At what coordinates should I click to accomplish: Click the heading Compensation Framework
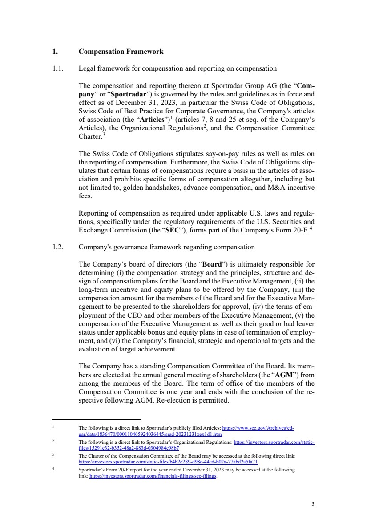[x=121, y=52]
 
